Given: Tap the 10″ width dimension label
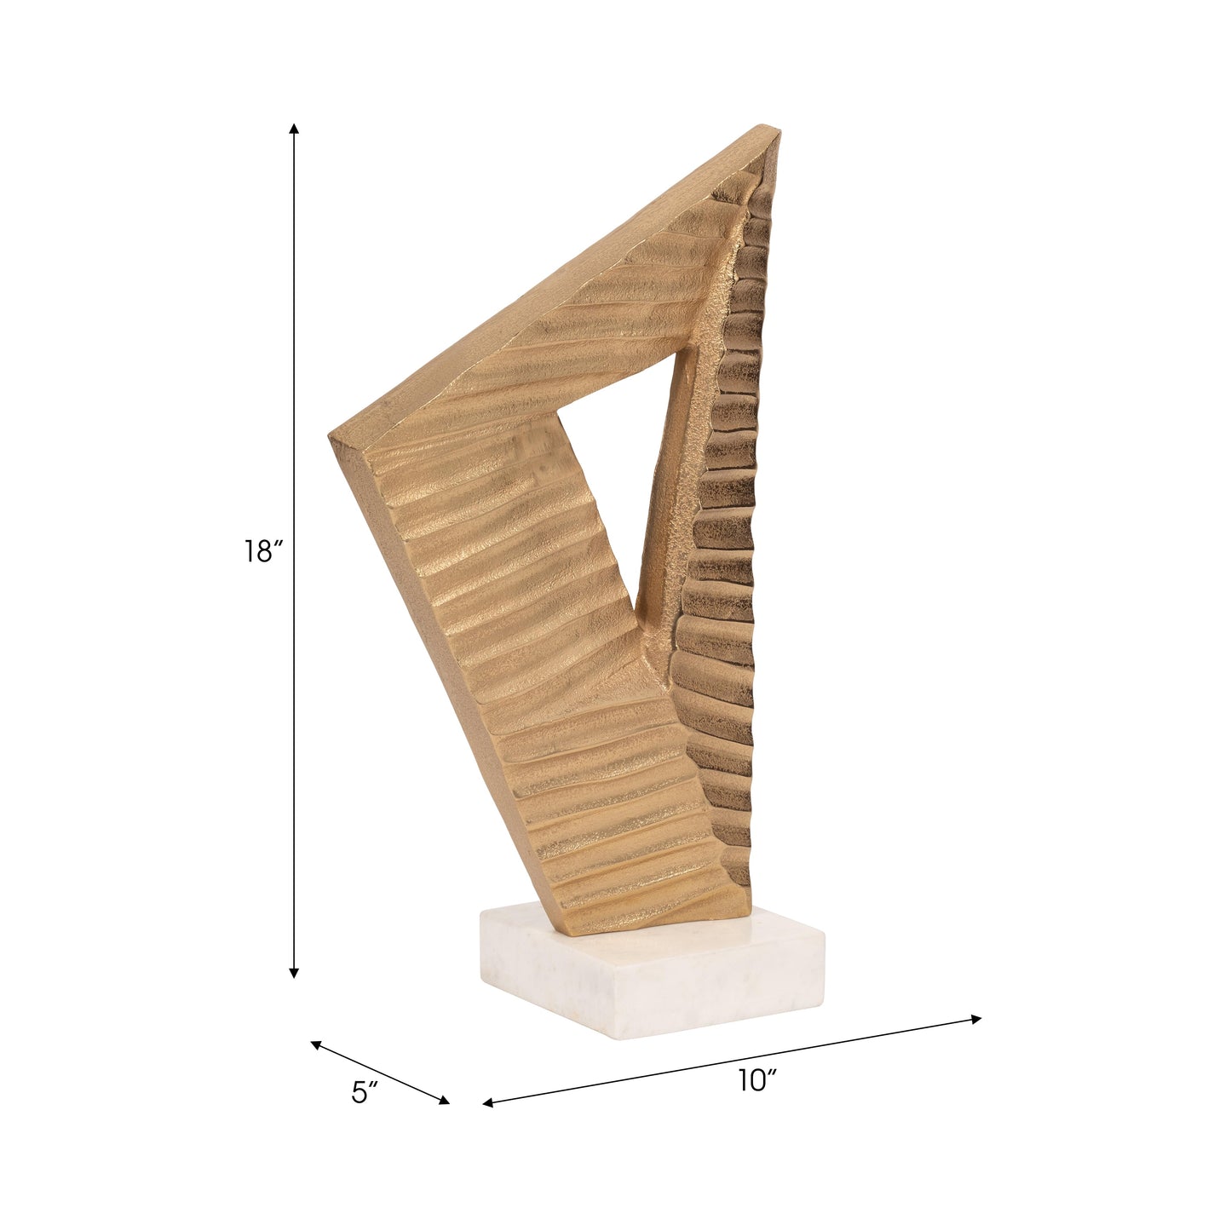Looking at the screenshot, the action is coord(757,1081).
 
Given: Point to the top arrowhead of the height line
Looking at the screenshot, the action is coord(294,128).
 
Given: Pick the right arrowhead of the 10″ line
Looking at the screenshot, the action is coord(975,1019).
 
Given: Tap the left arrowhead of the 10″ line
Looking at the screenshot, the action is coord(488,1102).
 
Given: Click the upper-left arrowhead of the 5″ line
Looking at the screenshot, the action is coord(315,1044).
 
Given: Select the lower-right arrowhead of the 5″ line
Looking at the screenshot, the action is coord(444,1100).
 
